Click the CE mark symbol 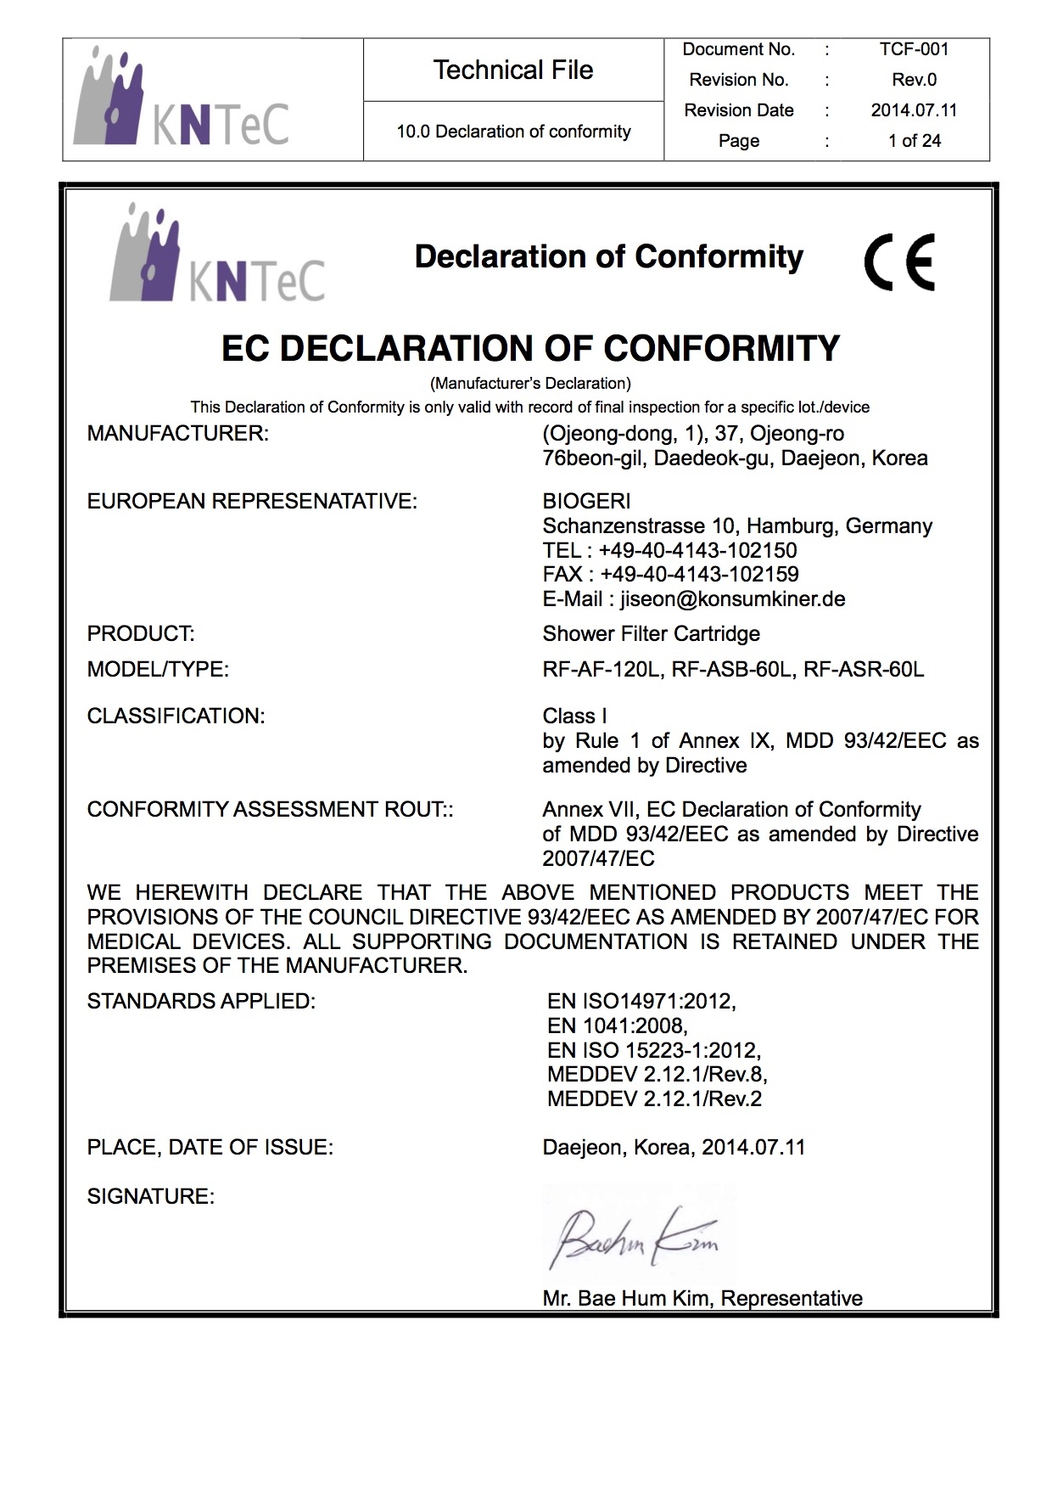coord(899,261)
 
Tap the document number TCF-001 coord(914,49)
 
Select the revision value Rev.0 coord(914,80)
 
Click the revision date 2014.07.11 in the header coord(914,110)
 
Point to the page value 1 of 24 coord(914,141)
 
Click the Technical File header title coord(512,70)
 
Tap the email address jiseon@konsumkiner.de coord(732,599)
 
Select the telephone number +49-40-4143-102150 coord(697,550)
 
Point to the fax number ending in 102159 coord(699,575)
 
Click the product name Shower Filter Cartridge coord(651,634)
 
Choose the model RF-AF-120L coord(601,670)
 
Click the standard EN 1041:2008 coord(617,1025)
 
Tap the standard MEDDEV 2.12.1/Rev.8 coord(657,1075)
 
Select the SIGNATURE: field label coord(150,1197)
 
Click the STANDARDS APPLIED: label coord(201,1002)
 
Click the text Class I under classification coord(574,716)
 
